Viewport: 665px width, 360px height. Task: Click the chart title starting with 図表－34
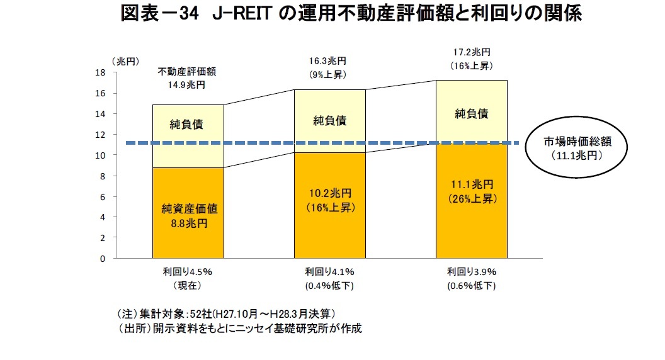(351, 14)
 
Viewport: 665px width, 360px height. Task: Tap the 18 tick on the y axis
(100, 72)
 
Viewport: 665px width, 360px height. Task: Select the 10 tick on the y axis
(100, 155)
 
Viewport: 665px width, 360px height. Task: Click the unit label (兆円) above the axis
(123, 62)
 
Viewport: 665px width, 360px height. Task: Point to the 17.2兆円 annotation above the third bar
(471, 59)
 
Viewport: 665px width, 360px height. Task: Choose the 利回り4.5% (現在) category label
(188, 279)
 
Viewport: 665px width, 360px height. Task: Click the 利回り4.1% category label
(330, 279)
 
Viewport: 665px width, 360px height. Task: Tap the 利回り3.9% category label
(472, 279)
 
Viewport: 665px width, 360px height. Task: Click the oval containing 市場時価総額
(577, 149)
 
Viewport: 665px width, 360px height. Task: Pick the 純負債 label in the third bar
(472, 114)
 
